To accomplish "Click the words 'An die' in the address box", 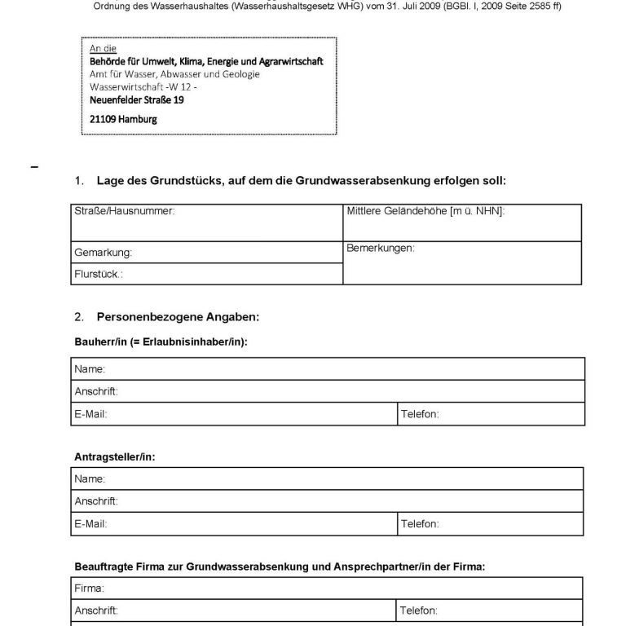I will tap(103, 49).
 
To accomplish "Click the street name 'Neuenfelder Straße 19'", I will tap(137, 100).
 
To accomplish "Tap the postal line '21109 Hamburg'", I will tap(123, 118).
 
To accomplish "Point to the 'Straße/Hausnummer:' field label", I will tap(125, 211).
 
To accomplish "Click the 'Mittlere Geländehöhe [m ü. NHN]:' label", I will tap(425, 211).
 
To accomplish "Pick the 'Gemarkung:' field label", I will tap(103, 253).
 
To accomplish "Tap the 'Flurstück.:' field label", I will tap(99, 275).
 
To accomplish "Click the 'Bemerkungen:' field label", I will tap(381, 248).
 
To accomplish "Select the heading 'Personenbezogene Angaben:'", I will tap(178, 315).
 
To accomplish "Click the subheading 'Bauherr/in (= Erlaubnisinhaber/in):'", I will tap(161, 342).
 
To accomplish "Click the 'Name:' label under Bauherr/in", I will tap(90, 369).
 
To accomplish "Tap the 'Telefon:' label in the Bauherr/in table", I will tap(420, 414).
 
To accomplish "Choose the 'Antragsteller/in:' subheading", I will tap(114, 457).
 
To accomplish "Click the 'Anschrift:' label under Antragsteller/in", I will tap(96, 500).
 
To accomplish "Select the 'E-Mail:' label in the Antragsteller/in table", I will tap(90, 523).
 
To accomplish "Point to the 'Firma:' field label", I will tap(89, 588).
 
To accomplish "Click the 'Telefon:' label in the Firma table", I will tap(420, 610).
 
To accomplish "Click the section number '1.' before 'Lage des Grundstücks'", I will tap(79, 180).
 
